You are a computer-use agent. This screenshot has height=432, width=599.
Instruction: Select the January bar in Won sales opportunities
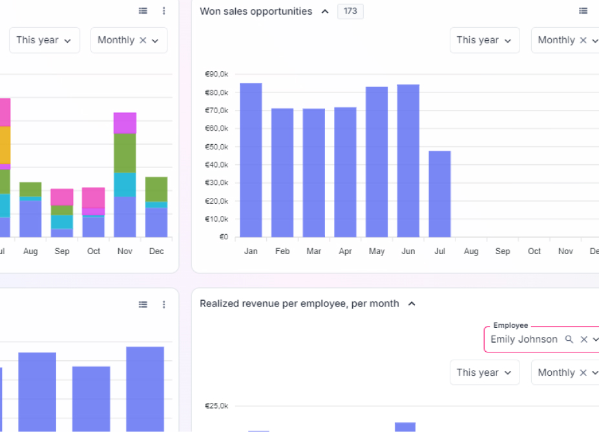pos(251,160)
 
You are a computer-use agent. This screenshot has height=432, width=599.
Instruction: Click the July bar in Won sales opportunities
pos(439,194)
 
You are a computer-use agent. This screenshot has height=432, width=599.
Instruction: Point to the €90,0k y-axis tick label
pos(216,74)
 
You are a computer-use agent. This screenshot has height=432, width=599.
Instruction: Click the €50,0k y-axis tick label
pos(216,147)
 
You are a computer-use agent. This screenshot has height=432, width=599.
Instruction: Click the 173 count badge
pos(350,11)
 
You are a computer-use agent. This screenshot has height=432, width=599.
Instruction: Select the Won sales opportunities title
pos(256,11)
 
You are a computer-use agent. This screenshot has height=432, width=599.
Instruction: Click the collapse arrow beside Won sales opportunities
pos(325,11)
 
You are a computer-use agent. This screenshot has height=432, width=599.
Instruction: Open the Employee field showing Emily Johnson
pos(523,340)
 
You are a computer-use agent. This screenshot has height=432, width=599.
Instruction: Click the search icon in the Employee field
pos(569,340)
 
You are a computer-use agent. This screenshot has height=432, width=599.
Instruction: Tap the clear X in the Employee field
pos(583,340)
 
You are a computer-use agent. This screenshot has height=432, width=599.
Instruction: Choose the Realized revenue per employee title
pos(299,303)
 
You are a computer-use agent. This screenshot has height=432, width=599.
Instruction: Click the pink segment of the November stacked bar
pos(125,123)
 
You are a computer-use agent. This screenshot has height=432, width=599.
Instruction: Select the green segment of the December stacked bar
pos(156,189)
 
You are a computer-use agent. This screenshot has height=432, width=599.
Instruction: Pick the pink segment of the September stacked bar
pos(62,197)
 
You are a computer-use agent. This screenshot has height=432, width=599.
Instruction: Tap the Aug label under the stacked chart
pos(30,251)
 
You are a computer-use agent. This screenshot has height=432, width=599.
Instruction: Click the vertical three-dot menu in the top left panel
pos(164,11)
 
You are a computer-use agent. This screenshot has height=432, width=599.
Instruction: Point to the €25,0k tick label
pos(216,406)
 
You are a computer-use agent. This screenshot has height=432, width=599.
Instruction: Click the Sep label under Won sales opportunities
pos(503,251)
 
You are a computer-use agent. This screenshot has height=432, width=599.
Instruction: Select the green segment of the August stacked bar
pos(30,189)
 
